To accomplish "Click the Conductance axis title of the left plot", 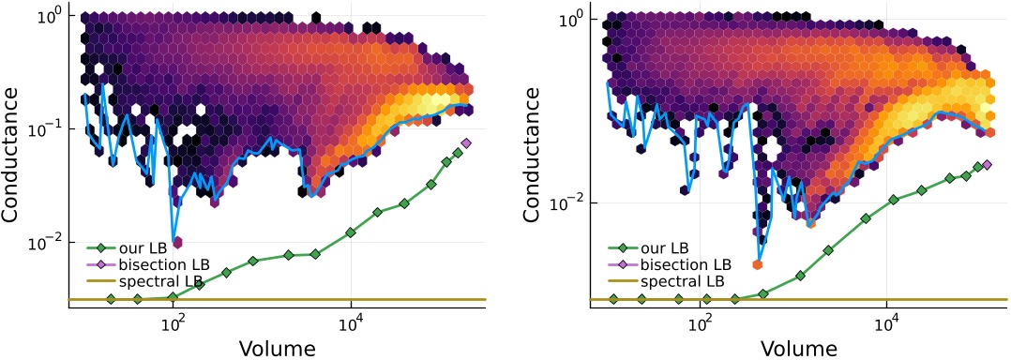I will point(16,156).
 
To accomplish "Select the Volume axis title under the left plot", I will point(277,348).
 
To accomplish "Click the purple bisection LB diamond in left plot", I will point(466,142).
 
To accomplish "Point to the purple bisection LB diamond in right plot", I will point(986,164).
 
